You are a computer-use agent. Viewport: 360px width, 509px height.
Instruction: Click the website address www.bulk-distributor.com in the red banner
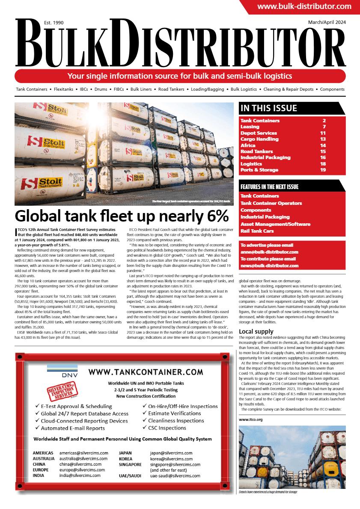click(x=304, y=7)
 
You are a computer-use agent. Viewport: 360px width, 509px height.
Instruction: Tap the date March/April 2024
click(x=327, y=22)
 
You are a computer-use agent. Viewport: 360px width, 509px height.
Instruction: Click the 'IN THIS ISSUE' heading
click(x=269, y=108)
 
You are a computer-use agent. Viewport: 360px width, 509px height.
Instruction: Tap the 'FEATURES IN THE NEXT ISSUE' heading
click(x=270, y=187)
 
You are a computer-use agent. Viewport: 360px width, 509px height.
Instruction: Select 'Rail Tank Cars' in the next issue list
click(x=257, y=231)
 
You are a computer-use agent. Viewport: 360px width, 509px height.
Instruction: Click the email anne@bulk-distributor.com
click(x=269, y=252)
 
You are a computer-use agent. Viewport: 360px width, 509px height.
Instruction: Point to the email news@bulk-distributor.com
click(x=269, y=266)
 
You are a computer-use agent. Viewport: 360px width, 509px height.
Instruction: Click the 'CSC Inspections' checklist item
click(x=167, y=428)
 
